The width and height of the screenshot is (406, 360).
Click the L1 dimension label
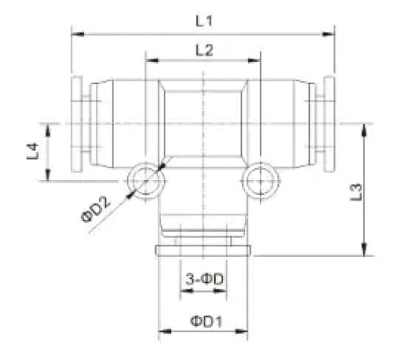[204, 21]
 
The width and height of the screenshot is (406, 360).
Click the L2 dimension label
[204, 50]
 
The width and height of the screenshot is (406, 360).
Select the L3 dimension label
[356, 192]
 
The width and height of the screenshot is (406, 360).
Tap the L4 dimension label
[33, 151]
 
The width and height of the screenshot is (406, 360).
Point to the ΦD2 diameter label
[96, 210]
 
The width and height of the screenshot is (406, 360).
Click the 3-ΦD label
[205, 279]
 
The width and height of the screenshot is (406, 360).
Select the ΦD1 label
[206, 321]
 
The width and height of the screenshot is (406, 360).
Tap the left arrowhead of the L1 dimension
[78, 34]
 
